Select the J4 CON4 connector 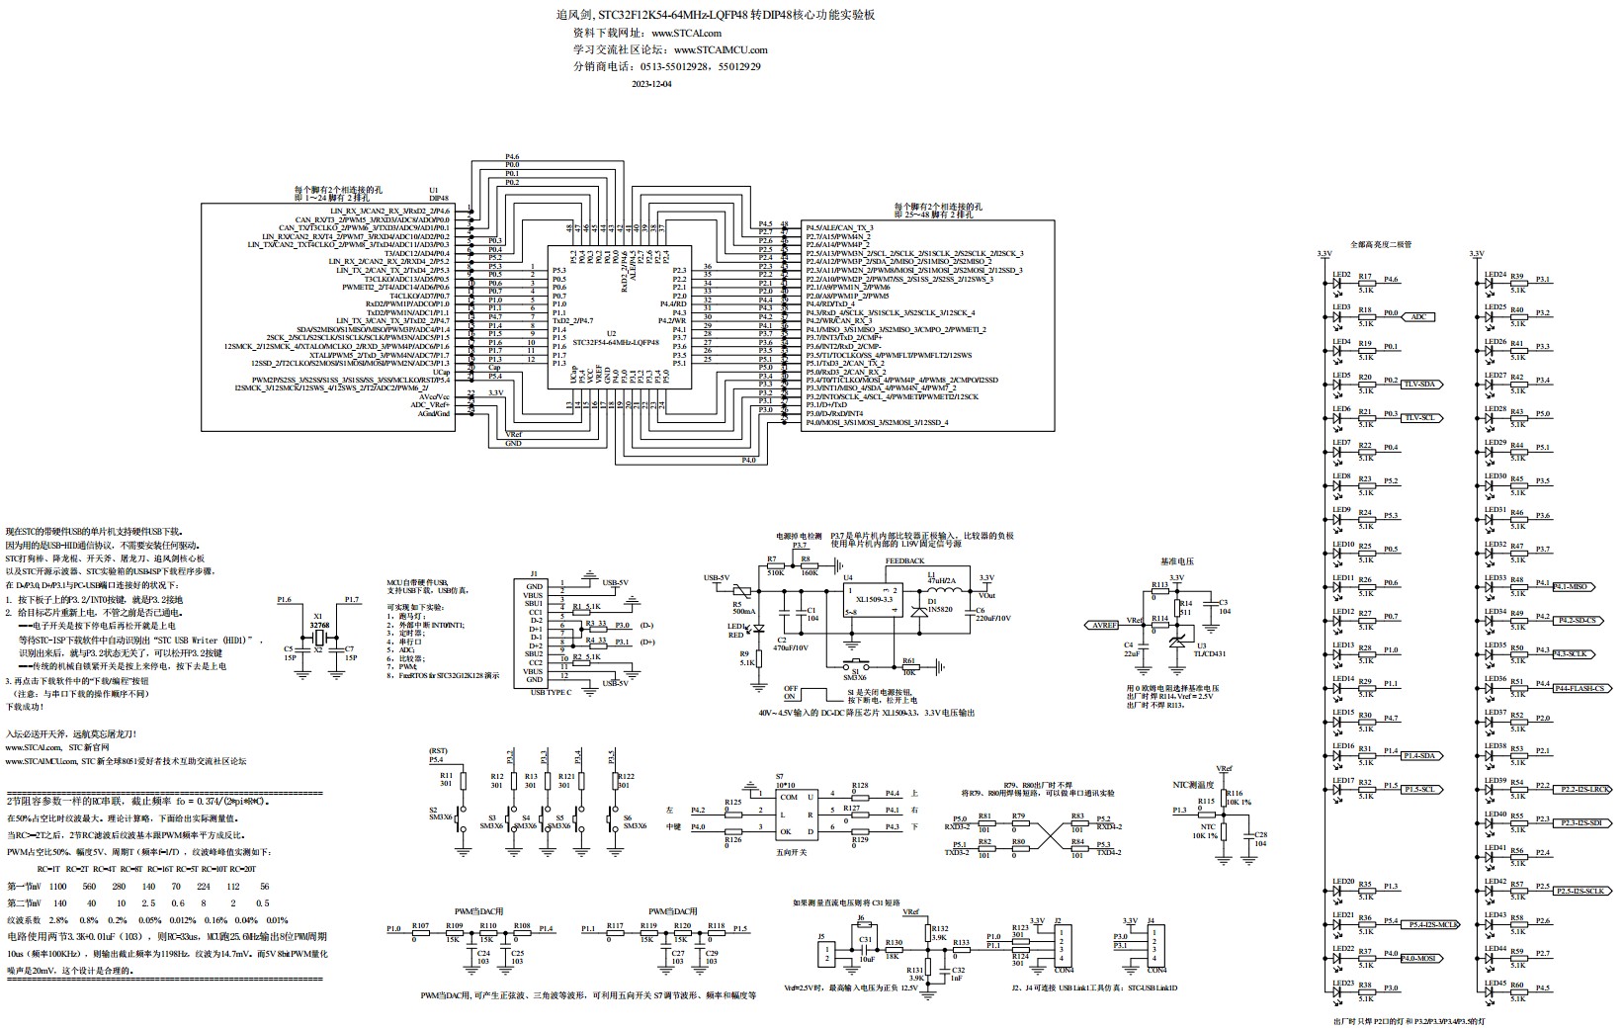tap(1156, 946)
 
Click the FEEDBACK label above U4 tap(904, 561)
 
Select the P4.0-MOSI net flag tap(1419, 957)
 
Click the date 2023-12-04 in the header tap(650, 84)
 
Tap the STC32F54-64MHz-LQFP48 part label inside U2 tap(616, 342)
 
